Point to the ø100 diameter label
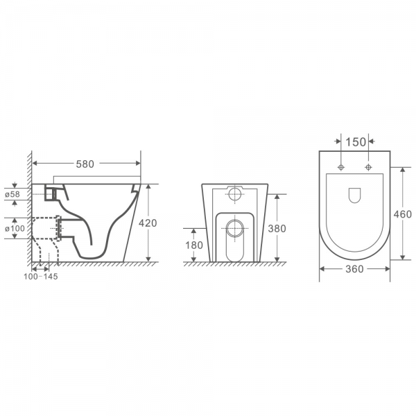click(x=15, y=228)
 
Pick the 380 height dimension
click(x=277, y=228)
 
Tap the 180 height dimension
click(x=194, y=245)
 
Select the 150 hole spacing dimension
click(x=355, y=142)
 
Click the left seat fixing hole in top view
click(x=341, y=168)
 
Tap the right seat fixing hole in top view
click(x=368, y=168)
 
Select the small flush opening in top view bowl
click(x=354, y=196)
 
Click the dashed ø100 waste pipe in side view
click(x=47, y=228)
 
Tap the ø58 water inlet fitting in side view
click(x=49, y=193)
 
